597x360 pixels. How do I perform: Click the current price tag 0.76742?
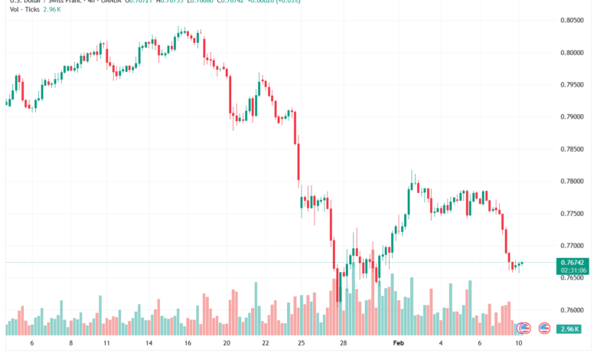(x=573, y=262)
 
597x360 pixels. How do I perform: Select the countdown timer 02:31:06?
(x=573, y=270)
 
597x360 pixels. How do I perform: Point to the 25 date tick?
(x=302, y=345)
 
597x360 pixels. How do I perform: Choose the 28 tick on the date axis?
(x=344, y=345)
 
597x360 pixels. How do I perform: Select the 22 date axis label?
(x=264, y=345)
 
